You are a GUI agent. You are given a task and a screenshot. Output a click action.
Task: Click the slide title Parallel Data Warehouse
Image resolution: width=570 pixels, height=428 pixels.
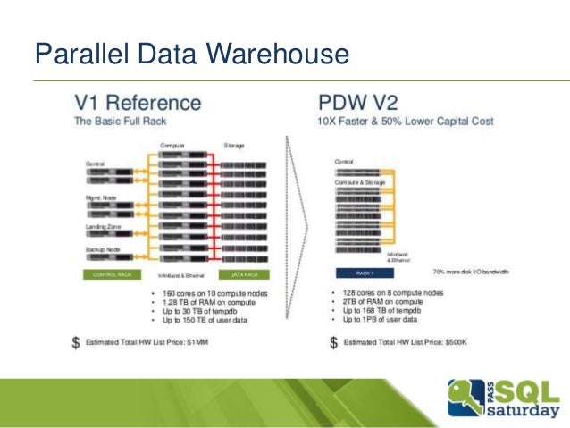pos(190,55)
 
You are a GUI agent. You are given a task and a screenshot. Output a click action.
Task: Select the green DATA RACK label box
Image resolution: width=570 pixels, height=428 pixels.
pos(244,275)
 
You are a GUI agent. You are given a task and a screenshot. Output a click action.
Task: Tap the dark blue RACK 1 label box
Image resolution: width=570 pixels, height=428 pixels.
pos(365,272)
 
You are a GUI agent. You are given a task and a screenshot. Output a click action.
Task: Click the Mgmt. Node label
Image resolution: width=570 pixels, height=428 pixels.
pos(100,195)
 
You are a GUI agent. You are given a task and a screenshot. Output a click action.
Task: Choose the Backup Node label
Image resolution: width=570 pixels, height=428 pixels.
pos(101,249)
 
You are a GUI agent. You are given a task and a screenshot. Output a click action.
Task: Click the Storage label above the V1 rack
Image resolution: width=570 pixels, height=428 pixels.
pos(234,144)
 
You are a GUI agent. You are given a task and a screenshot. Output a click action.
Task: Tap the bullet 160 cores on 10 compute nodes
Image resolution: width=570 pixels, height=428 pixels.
pos(214,293)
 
